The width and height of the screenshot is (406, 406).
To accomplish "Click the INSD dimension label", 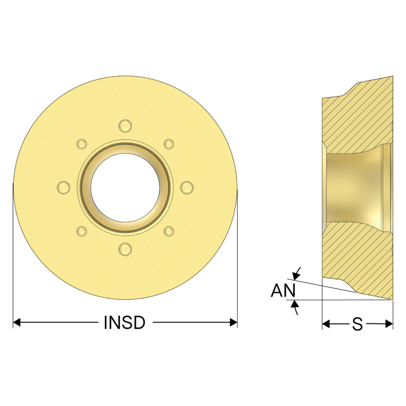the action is coord(125,323).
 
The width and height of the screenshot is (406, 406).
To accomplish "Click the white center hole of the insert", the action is coord(125,187).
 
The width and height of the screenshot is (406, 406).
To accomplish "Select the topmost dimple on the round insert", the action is coord(125,126).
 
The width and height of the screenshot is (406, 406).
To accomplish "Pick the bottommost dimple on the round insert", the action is coord(125,249).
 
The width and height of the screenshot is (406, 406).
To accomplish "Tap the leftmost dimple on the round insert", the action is coord(64,187).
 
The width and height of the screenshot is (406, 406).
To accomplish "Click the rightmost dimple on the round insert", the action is coord(187,187).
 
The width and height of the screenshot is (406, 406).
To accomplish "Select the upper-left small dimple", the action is coord(82,144).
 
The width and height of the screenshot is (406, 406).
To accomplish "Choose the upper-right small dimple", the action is coord(169,144).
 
